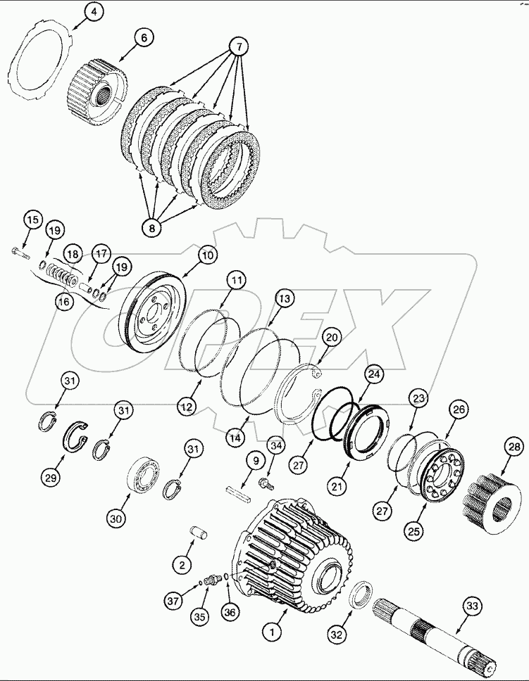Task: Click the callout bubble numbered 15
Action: click(x=32, y=219)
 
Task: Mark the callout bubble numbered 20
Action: click(x=332, y=338)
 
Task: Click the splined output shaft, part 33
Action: click(x=437, y=634)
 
